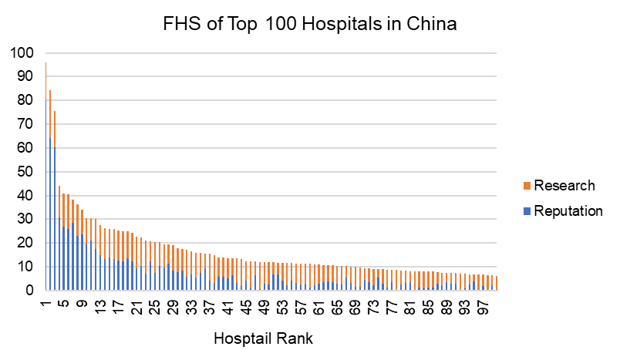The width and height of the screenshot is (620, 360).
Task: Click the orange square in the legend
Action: [527, 186]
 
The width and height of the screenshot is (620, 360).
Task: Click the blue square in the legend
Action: [527, 211]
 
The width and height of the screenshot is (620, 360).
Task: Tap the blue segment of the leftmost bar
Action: [50, 216]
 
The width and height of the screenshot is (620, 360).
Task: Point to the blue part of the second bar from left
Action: [55, 220]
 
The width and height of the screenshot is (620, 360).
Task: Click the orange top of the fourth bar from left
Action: [64, 208]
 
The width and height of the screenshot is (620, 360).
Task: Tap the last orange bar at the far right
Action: [496, 283]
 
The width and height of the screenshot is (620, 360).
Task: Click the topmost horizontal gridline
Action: [270, 53]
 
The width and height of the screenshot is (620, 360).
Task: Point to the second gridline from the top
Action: [270, 76]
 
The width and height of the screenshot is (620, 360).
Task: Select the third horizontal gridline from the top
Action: [270, 100]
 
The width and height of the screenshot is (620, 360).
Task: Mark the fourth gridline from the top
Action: [270, 124]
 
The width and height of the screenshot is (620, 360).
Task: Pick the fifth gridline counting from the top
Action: [270, 148]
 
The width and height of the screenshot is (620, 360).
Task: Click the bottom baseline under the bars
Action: [270, 291]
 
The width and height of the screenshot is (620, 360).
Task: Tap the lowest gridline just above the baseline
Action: [270, 267]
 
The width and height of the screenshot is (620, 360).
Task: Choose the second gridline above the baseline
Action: [270, 243]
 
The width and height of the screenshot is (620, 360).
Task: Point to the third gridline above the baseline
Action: [270, 219]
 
